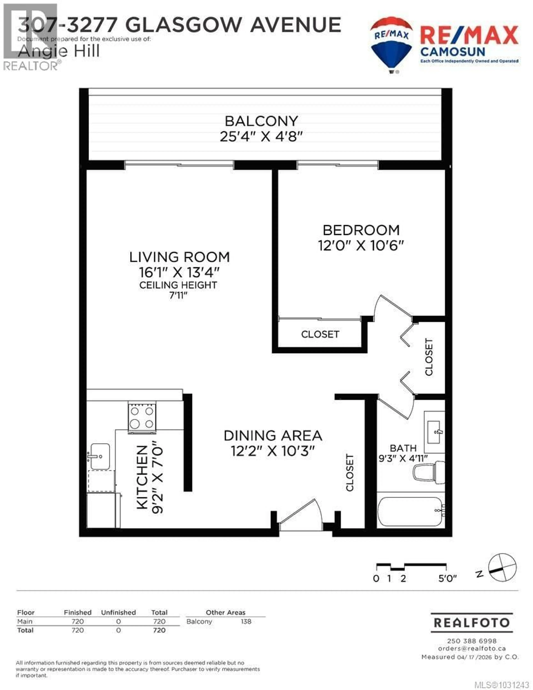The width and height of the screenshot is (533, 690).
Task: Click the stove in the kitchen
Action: coord(142,417)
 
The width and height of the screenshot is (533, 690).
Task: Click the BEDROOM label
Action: coord(361,230)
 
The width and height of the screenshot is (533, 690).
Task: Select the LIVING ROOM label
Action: coord(179,257)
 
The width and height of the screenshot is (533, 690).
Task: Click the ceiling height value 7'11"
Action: coord(178,295)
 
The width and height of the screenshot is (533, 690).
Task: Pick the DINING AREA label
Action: coord(273,436)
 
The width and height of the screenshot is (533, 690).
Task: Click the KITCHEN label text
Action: coord(142,477)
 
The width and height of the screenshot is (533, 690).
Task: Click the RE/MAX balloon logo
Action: coord(391,44)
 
